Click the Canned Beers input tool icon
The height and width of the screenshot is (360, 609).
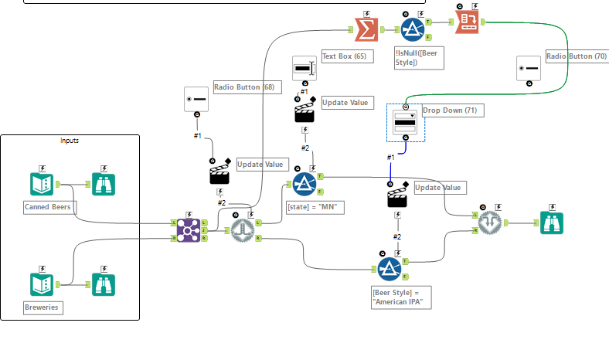coord(41,183)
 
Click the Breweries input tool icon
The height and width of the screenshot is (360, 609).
coord(41,284)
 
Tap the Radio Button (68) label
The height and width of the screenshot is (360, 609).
coord(245,87)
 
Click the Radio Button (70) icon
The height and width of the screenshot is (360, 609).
coord(529,68)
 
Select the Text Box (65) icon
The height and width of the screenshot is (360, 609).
coord(304,68)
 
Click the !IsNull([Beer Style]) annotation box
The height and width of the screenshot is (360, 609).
coord(418,57)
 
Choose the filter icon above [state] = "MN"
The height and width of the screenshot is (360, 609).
coord(304,184)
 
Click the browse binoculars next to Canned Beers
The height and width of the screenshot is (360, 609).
coord(104,183)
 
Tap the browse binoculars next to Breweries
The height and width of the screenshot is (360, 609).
coord(104,284)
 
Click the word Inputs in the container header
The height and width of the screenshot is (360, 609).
coord(70,141)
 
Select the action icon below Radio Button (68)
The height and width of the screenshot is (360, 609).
coord(219,173)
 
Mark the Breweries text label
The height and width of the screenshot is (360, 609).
coord(43,307)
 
